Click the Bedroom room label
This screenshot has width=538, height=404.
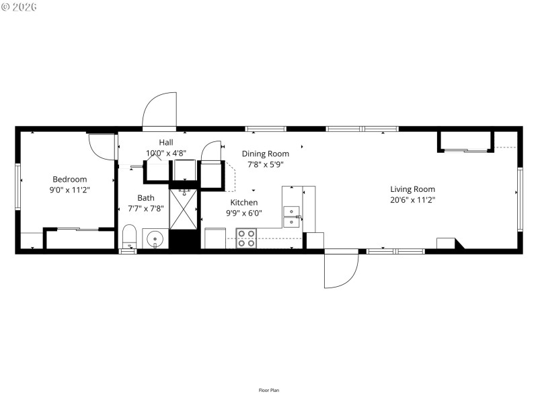(x=70, y=179)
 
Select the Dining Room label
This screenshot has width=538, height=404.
(x=266, y=154)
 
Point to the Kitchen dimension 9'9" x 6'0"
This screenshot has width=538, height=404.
(x=243, y=213)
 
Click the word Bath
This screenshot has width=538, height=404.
(x=146, y=198)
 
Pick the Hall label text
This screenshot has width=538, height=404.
(x=166, y=142)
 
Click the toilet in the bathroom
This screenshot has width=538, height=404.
(x=130, y=237)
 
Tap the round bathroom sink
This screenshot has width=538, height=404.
(x=155, y=238)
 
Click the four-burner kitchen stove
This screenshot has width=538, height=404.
(x=246, y=238)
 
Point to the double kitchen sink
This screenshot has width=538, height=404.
(x=292, y=216)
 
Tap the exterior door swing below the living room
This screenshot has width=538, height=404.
(x=342, y=269)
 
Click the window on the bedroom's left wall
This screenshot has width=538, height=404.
(x=18, y=189)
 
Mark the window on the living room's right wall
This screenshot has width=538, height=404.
(x=520, y=199)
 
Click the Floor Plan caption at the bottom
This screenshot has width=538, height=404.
(x=269, y=390)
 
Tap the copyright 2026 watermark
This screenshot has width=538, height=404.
(x=20, y=7)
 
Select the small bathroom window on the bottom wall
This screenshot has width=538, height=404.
(x=128, y=251)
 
